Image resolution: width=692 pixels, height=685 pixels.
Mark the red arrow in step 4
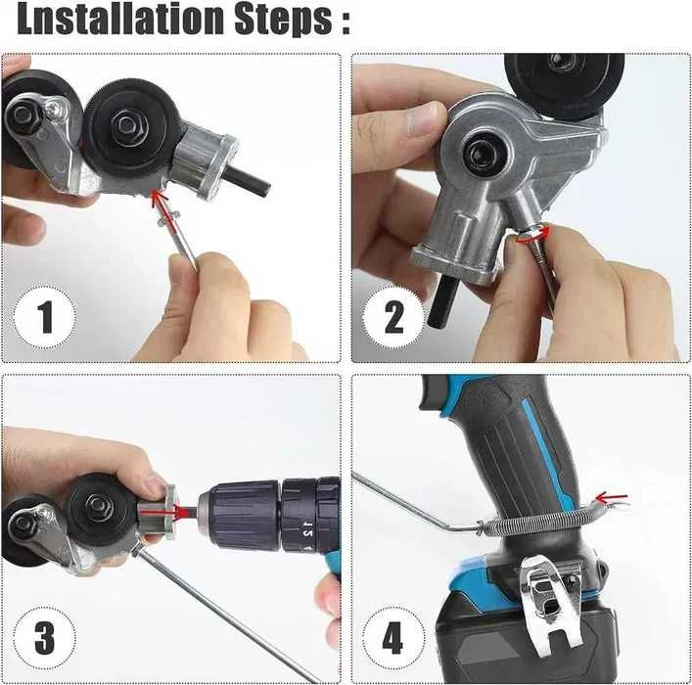tap(612, 498)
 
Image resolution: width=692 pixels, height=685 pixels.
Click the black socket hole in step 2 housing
tap(483, 157)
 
